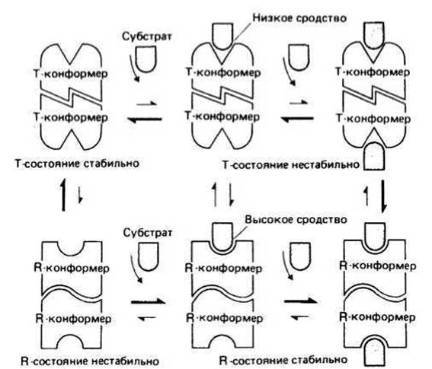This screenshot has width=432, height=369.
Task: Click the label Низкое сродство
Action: point(299,18)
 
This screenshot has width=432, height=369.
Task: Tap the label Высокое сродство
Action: point(296,220)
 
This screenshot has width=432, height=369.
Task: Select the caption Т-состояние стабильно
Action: point(77,164)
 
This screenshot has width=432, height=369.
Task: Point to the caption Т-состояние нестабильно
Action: point(290,165)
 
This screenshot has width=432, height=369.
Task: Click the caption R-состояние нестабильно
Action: point(90,361)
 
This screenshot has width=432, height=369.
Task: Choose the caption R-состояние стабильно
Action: point(283,360)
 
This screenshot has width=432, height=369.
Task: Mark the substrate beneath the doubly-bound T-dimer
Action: point(374,155)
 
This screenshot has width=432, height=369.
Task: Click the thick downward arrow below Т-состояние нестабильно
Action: point(383,196)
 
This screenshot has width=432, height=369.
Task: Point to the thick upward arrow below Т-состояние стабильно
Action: point(63,194)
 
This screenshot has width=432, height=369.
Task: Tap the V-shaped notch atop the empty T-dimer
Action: point(71,54)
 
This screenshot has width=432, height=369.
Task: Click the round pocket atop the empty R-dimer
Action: point(71,248)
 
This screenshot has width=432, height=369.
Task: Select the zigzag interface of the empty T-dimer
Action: point(71,97)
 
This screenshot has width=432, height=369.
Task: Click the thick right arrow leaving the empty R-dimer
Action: point(149,301)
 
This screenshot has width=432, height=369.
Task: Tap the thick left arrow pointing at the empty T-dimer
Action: point(144,119)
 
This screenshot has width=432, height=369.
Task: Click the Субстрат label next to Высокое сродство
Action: point(147,233)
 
